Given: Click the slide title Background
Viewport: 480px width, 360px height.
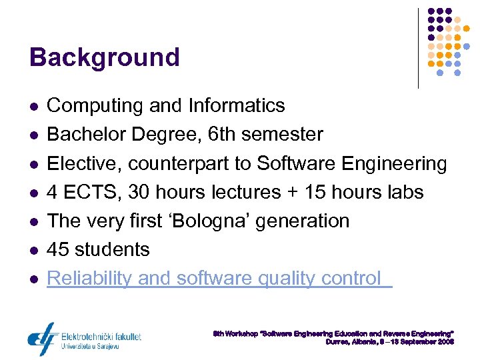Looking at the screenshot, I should click(105, 57).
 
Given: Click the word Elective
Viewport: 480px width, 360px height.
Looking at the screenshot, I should click(84, 163).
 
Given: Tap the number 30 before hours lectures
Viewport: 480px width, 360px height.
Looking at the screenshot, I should click(139, 192).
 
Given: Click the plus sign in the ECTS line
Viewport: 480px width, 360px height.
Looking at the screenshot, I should click(289, 193).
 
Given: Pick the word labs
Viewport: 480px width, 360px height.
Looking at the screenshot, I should click(404, 192).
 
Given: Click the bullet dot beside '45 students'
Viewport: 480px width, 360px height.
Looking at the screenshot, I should click(33, 250).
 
